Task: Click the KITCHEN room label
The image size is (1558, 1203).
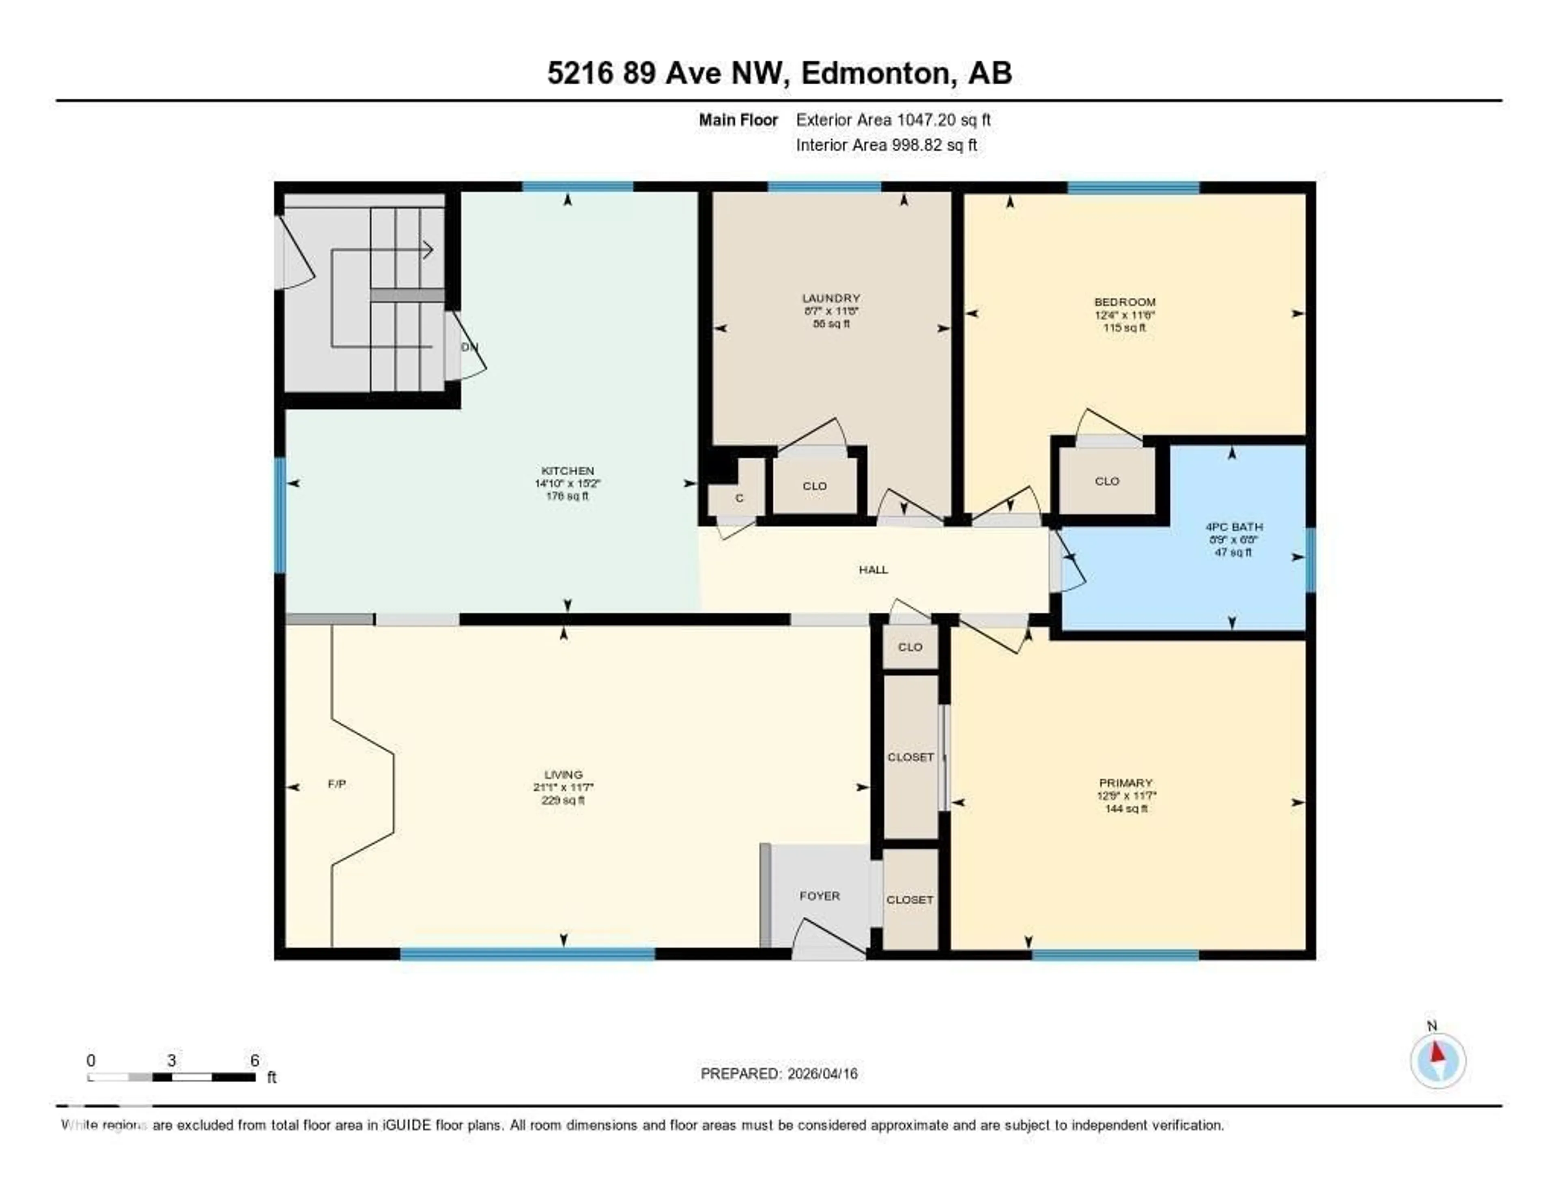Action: click(567, 470)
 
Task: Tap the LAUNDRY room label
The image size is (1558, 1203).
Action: click(831, 298)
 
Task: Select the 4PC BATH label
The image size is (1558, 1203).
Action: click(1233, 526)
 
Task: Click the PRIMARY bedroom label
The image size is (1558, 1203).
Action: click(1125, 782)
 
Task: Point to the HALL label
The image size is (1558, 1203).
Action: click(873, 569)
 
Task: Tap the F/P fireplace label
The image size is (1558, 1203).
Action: click(337, 784)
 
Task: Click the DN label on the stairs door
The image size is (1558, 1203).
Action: click(469, 347)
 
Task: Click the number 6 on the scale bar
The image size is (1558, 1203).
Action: click(255, 1060)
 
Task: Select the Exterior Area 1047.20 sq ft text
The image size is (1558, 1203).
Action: click(893, 120)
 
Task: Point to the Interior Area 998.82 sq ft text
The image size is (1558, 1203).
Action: click(886, 145)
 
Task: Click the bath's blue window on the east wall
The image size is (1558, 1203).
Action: click(1310, 560)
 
